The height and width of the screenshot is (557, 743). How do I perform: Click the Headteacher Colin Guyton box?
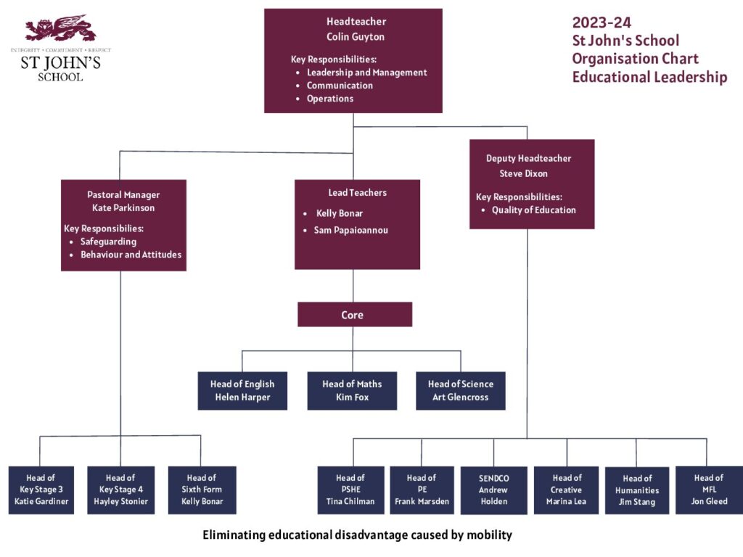tap(353, 61)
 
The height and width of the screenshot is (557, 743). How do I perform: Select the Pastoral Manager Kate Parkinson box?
tap(123, 225)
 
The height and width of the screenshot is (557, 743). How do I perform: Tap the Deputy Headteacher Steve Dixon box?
tap(531, 184)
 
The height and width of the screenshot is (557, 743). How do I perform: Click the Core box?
tap(354, 315)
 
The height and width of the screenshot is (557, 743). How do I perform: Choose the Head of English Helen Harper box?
tap(242, 391)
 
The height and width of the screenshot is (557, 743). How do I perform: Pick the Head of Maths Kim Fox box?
tap(352, 391)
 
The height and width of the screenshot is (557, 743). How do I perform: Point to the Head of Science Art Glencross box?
tap(460, 391)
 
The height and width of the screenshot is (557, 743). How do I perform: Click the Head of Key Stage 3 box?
tap(41, 490)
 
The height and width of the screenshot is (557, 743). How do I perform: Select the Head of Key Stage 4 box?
tap(120, 490)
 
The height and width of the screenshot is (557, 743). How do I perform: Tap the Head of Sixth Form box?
tap(202, 490)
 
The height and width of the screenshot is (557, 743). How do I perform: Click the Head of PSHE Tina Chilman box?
tap(350, 490)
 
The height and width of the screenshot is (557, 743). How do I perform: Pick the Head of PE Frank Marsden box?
tap(422, 490)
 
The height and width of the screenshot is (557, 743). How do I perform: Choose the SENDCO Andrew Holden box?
tap(493, 490)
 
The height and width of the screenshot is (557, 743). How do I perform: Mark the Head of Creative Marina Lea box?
tap(566, 490)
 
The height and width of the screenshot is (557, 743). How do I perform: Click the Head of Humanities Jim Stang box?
tap(637, 490)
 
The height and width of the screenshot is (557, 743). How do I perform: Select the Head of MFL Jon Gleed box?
tap(709, 490)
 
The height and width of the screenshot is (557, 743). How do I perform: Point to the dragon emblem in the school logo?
tap(60, 29)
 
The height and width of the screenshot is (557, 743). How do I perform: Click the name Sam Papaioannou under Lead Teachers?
tap(350, 231)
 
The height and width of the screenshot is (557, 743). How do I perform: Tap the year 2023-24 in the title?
tap(602, 22)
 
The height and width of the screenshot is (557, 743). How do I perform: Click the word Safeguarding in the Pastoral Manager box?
tap(108, 242)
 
